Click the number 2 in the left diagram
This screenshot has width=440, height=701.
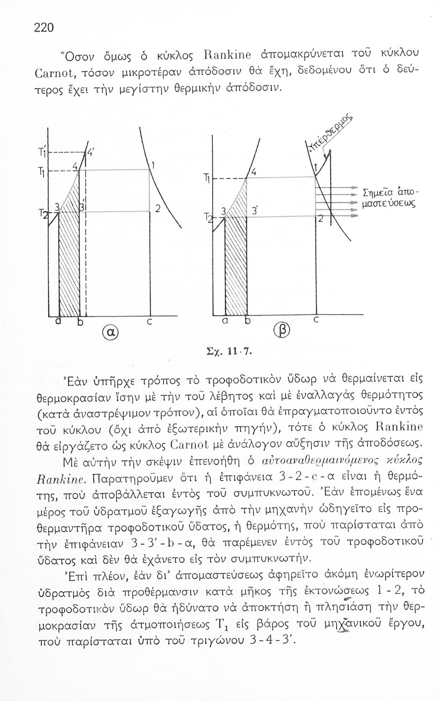pos(158,210)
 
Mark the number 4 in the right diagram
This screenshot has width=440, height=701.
pos(252,172)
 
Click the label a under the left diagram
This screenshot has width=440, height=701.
pos(58,322)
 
